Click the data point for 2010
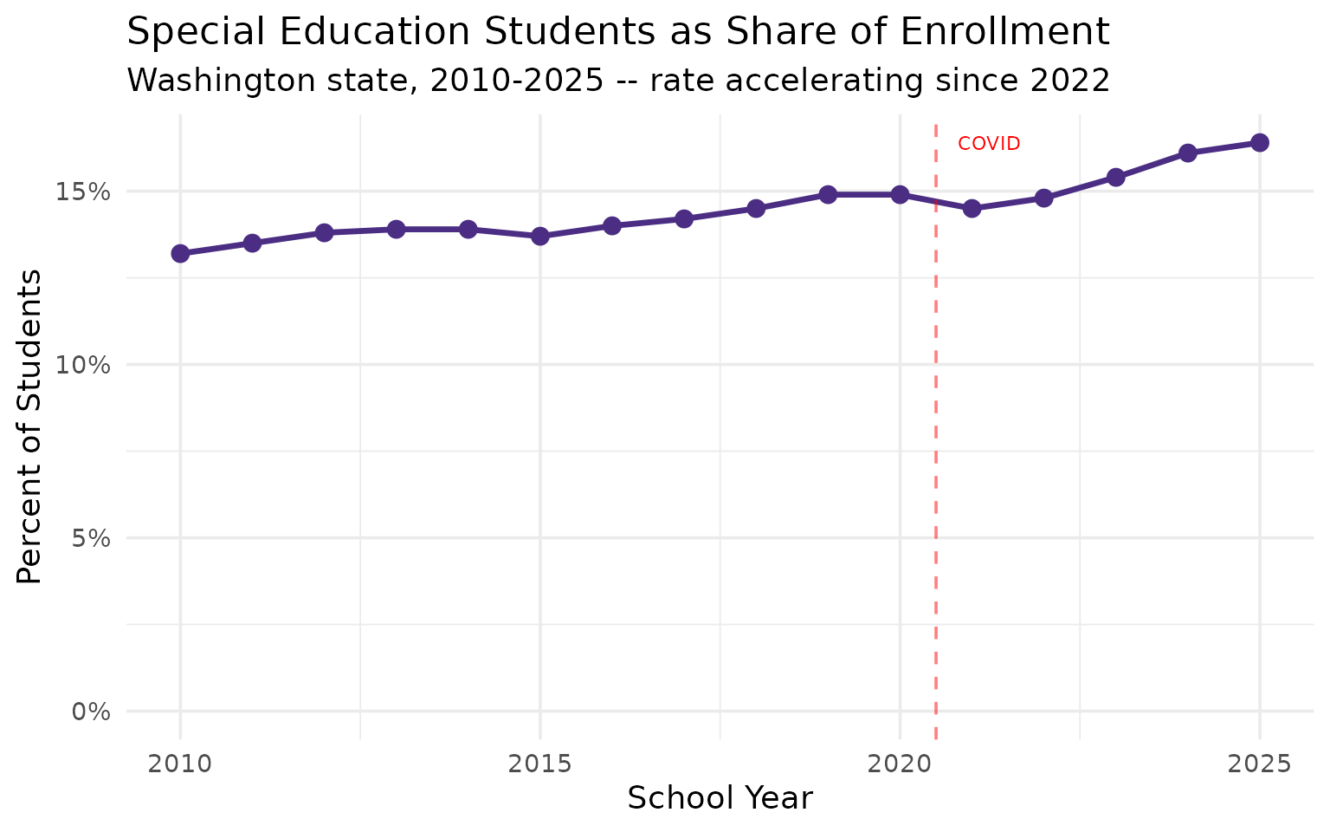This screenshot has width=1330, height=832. (180, 253)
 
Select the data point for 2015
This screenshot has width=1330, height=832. (540, 236)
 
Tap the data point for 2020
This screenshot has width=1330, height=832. (900, 194)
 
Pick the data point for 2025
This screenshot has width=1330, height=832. (1260, 142)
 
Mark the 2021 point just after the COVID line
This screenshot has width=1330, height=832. (972, 208)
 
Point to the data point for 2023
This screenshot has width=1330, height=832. (1116, 177)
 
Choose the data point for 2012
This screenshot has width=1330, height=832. (324, 232)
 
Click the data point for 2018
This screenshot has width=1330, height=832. (756, 208)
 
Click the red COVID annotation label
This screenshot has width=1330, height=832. (989, 144)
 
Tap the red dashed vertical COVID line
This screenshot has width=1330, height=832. (936, 433)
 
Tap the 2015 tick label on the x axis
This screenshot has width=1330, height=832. (540, 764)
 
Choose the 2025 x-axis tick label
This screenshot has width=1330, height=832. (1260, 764)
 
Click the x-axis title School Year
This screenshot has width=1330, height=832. (720, 798)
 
